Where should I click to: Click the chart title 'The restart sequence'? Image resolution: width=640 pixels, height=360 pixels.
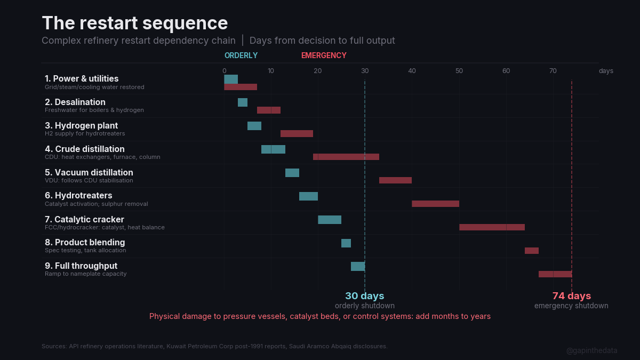(x=134, y=23)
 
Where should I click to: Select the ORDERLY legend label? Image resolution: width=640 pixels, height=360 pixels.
(x=241, y=55)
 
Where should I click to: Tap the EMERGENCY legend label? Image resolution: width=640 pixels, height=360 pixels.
(x=324, y=55)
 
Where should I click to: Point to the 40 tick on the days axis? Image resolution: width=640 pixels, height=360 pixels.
(x=412, y=71)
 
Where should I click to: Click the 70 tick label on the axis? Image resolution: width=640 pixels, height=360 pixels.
(x=553, y=71)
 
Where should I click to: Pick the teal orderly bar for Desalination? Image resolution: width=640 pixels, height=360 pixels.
(x=243, y=102)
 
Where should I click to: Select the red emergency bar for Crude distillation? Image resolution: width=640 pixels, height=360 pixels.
(x=346, y=157)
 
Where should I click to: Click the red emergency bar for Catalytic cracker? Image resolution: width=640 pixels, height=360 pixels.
(x=492, y=227)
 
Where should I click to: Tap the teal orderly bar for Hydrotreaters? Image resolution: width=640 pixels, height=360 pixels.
(x=308, y=196)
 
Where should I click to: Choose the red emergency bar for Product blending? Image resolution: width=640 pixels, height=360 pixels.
(x=532, y=251)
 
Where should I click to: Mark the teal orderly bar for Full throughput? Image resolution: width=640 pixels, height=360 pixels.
(x=358, y=267)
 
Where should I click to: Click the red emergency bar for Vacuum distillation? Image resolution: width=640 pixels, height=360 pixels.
(x=395, y=180)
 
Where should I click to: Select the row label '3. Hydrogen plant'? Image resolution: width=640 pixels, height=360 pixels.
(x=82, y=126)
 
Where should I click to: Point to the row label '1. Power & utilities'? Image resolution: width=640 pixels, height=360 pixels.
(x=82, y=79)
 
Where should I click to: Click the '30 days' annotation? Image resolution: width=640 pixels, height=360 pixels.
(x=364, y=296)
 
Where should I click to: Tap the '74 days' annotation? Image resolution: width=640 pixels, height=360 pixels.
(x=571, y=296)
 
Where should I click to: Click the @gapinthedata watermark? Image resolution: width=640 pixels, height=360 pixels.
(x=591, y=350)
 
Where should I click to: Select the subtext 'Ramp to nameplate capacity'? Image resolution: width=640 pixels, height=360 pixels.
(x=86, y=274)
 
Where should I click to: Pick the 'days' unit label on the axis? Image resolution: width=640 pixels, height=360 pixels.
(x=606, y=71)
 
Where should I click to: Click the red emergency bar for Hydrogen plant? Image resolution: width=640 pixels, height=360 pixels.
(x=297, y=133)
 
